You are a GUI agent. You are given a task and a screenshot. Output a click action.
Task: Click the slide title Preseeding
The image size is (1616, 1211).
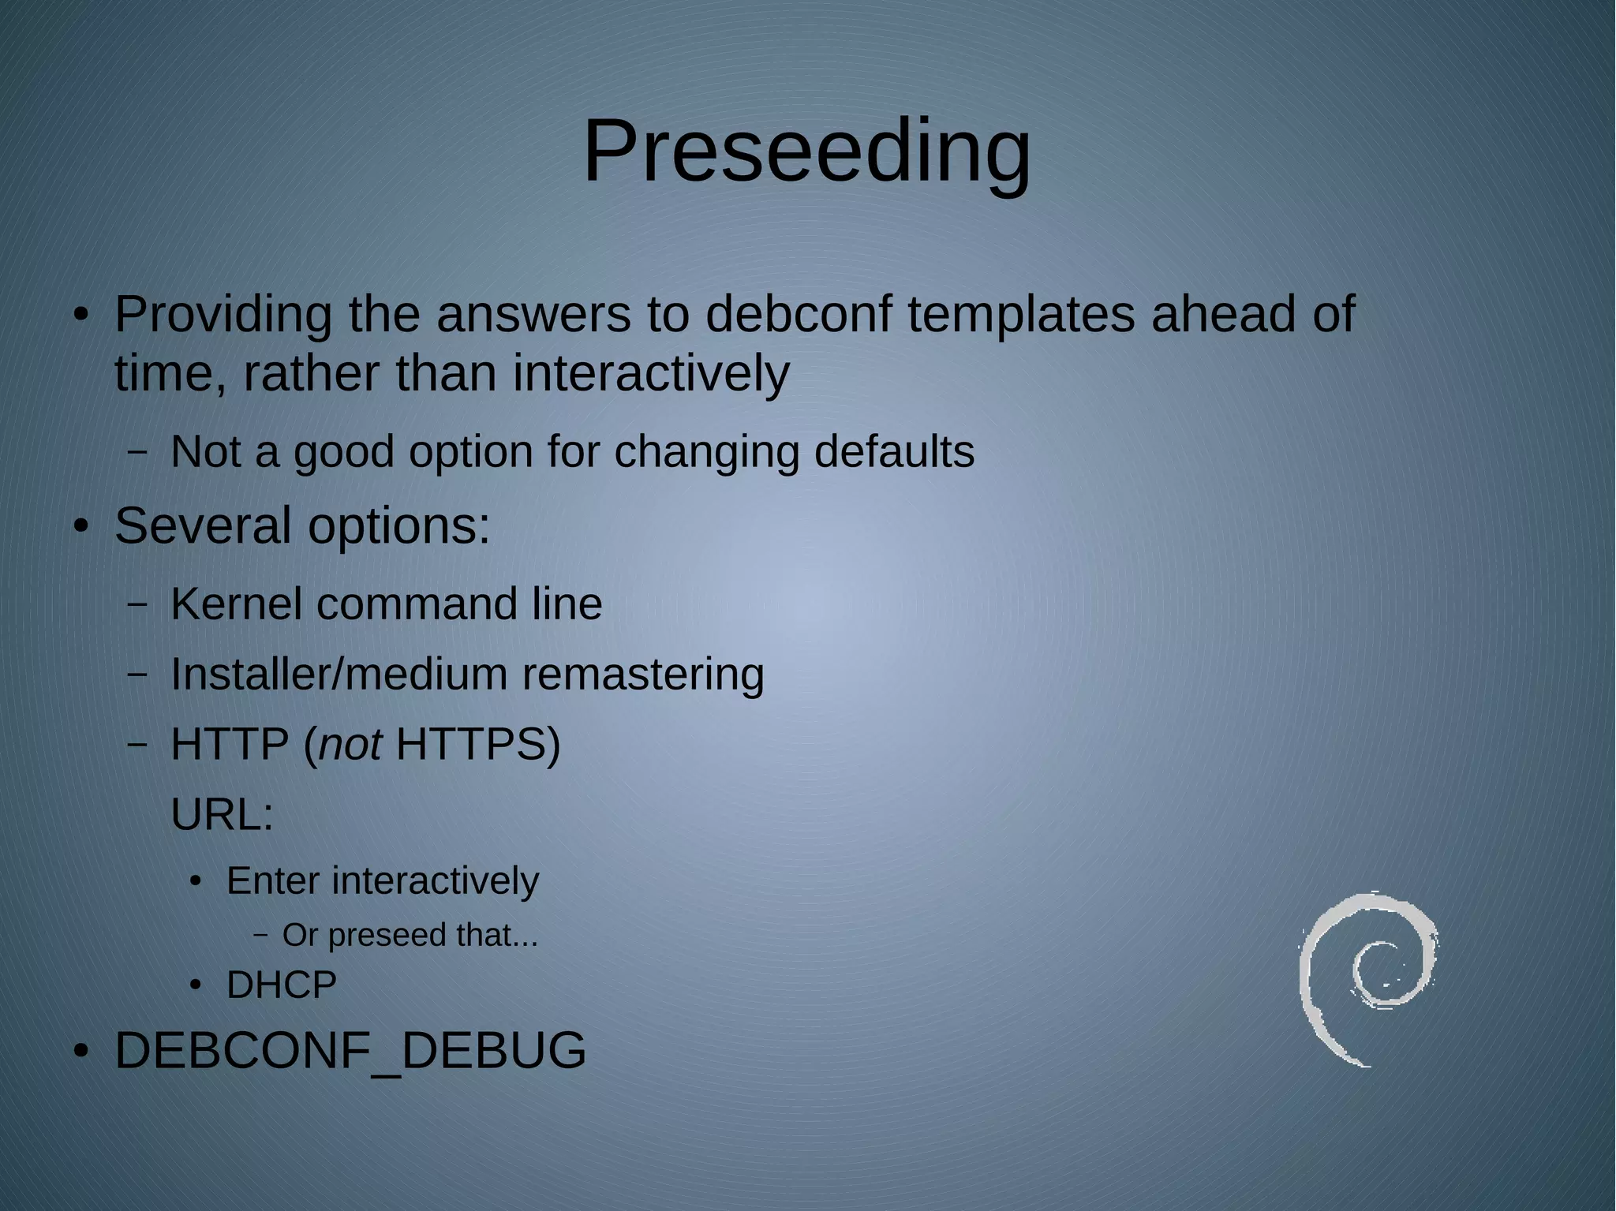tap(806, 151)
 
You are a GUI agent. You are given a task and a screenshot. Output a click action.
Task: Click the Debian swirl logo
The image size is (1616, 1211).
tap(1367, 978)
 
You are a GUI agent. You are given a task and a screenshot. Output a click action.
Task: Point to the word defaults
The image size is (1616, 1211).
tap(894, 452)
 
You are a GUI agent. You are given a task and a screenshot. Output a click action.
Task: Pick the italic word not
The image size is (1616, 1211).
tap(350, 745)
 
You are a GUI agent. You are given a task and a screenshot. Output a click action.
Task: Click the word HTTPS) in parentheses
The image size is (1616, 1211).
tap(477, 745)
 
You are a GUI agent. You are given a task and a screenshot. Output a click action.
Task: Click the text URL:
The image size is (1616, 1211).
tap(222, 815)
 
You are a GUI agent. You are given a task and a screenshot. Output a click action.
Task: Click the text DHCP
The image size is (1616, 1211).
tap(281, 985)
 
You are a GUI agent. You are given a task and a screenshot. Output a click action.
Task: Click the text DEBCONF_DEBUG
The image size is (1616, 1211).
tap(350, 1051)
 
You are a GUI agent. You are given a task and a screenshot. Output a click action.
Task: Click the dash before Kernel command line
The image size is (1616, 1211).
tap(137, 604)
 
